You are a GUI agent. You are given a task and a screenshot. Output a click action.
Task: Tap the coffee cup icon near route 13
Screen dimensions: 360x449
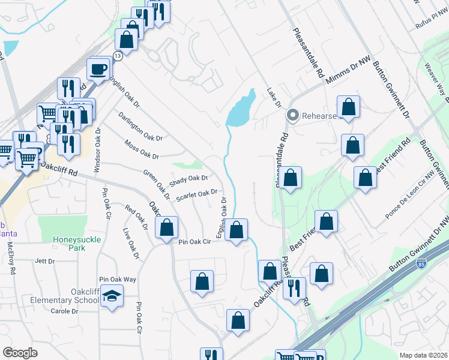[98, 69]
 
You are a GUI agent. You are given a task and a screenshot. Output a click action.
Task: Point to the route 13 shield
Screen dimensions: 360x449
[118, 55]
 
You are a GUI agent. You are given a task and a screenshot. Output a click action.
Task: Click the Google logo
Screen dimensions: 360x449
[20, 352]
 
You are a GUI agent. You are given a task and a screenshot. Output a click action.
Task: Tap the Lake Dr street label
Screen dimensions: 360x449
[274, 98]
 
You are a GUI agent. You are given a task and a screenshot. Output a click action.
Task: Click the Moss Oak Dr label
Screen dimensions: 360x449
[142, 150]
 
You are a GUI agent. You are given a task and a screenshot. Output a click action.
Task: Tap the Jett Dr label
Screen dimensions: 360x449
[45, 261]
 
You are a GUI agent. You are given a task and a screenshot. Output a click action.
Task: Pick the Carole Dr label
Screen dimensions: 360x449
[64, 311]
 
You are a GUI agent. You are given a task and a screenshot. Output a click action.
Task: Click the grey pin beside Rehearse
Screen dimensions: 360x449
[293, 115]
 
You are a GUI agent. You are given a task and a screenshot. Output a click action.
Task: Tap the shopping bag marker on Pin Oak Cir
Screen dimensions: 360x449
[166, 228]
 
